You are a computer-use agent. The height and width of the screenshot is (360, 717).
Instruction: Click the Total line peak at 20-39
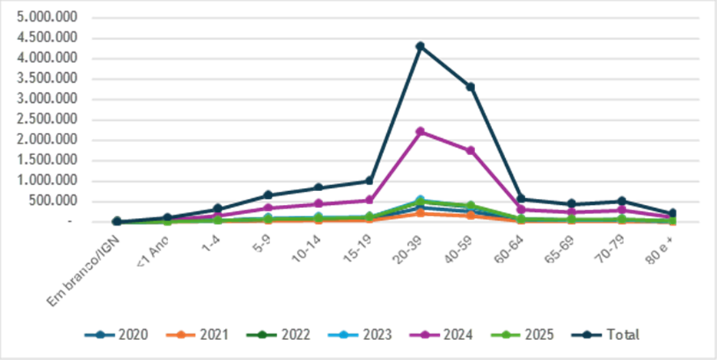point(420,46)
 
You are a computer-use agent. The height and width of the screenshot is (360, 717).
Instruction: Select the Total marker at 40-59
point(470,87)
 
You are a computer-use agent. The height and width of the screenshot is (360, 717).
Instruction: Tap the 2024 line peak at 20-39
point(420,131)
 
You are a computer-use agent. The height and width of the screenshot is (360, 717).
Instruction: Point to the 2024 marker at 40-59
point(470,150)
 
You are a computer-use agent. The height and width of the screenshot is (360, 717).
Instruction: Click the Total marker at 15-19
point(369,180)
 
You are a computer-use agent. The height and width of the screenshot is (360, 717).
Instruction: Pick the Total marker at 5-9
point(268,194)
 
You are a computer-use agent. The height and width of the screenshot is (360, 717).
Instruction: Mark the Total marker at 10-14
point(319,187)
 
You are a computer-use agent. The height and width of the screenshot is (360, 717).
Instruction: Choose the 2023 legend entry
point(368,334)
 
